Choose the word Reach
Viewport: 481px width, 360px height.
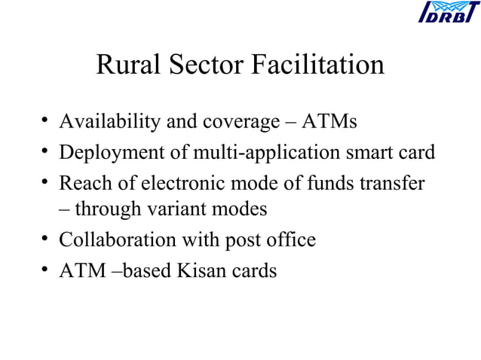coord(83,183)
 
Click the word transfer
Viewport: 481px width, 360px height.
coord(394,183)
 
